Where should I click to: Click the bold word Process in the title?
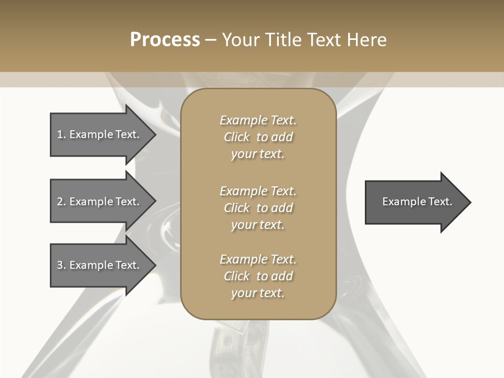(x=165, y=40)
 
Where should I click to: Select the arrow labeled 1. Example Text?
(x=100, y=134)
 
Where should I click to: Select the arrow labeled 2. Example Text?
(x=100, y=202)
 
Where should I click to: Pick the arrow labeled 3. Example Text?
(x=100, y=265)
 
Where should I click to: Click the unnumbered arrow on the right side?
(x=415, y=202)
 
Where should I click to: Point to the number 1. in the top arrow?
(x=61, y=134)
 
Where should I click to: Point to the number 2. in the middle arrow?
(x=61, y=202)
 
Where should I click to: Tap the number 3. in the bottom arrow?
(x=61, y=265)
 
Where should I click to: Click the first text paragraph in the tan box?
(x=258, y=137)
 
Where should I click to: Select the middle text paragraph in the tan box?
(x=258, y=208)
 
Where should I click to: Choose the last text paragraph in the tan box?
(x=258, y=276)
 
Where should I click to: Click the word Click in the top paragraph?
(x=237, y=137)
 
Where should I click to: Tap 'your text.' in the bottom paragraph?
(x=258, y=293)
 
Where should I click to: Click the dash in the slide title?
(x=211, y=40)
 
